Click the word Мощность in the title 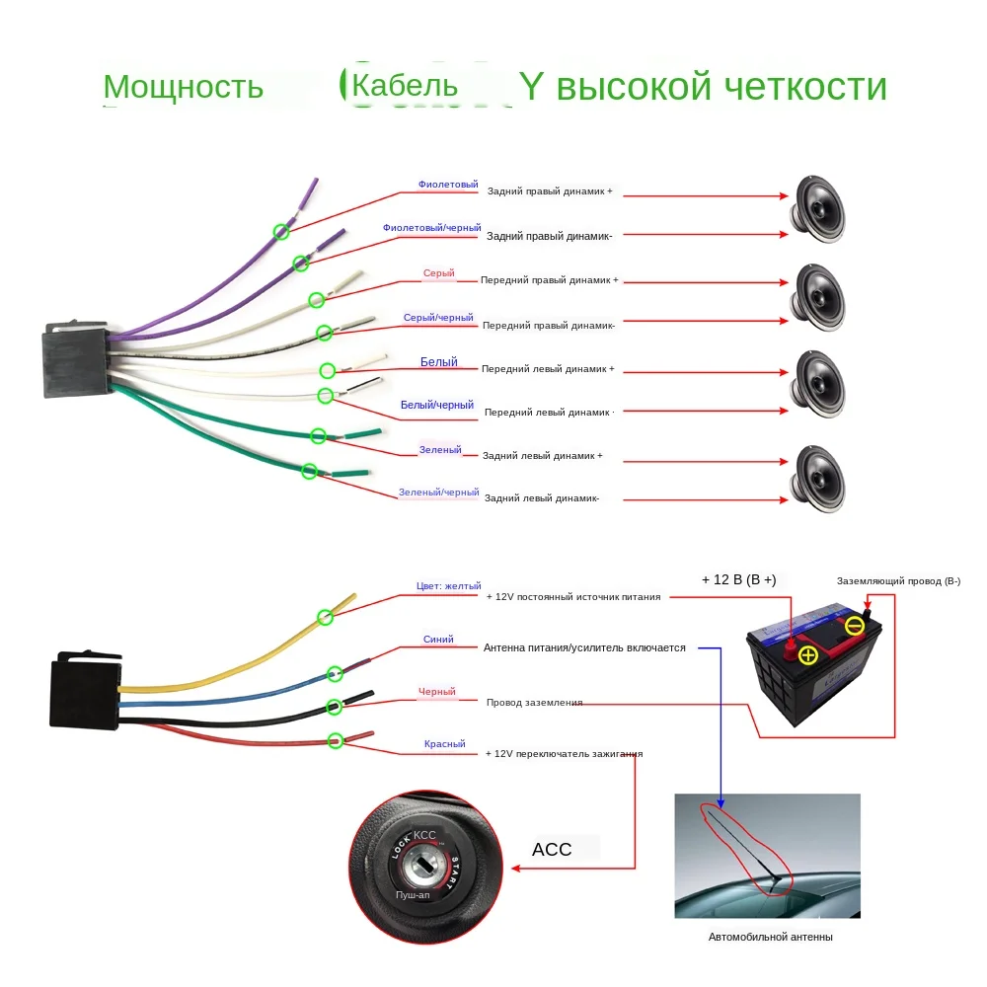(x=183, y=87)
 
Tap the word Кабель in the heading (x=405, y=85)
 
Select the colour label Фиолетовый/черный (x=431, y=228)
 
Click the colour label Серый (x=439, y=273)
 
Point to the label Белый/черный (x=437, y=405)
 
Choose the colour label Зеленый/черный (x=438, y=492)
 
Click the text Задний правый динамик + (x=550, y=190)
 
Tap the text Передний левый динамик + (x=548, y=368)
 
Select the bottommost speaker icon (x=820, y=478)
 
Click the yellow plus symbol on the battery (x=808, y=655)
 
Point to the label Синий (x=438, y=640)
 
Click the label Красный (x=444, y=744)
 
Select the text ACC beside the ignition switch (x=552, y=849)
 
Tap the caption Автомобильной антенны (x=770, y=937)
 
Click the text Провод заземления (x=534, y=703)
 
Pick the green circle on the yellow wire (x=325, y=617)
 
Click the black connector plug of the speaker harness (x=74, y=361)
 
